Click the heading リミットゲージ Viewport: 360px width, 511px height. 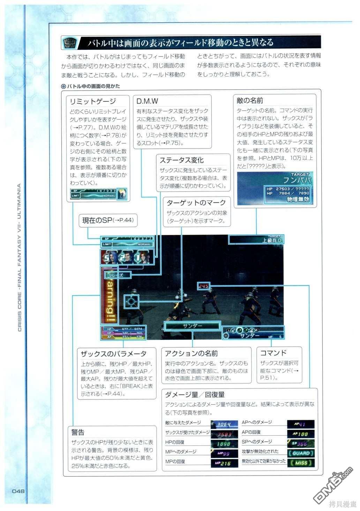(x=93, y=101)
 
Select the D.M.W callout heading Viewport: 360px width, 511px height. (x=147, y=101)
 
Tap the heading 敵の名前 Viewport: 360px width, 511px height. (x=250, y=101)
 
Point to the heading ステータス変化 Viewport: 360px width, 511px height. (x=181, y=160)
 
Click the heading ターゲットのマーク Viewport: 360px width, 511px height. (x=196, y=203)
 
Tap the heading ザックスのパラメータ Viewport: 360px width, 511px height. (x=114, y=353)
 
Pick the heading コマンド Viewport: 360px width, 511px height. (x=273, y=353)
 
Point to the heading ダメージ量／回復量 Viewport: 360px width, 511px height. (x=195, y=395)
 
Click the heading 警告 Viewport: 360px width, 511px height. (x=78, y=432)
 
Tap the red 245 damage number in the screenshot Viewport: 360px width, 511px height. (x=203, y=286)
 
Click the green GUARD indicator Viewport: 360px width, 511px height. (x=301, y=453)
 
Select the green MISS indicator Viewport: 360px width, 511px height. (x=301, y=463)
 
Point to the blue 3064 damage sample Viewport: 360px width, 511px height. (x=224, y=424)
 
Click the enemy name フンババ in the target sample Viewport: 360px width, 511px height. (x=297, y=180)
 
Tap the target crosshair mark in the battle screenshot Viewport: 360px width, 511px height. (x=131, y=302)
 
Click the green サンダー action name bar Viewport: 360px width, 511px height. (x=192, y=326)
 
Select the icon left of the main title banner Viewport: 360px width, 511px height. (x=69, y=43)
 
